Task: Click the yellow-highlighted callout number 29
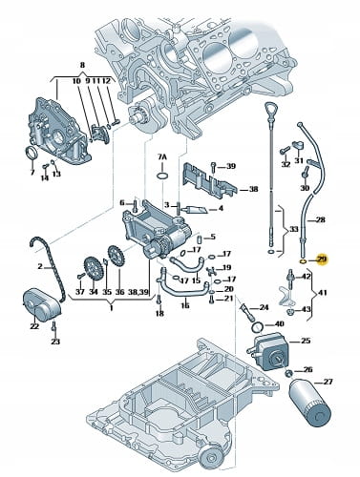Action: point(322,259)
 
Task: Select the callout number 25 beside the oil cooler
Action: point(306,341)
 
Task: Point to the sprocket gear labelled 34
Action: point(92,269)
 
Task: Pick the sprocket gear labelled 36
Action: point(116,258)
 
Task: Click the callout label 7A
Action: point(162,157)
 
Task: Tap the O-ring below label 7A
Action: point(162,176)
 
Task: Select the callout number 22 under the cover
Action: point(34,326)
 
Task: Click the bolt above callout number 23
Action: point(54,326)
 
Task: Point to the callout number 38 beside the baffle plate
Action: point(253,189)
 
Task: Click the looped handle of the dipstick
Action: point(270,111)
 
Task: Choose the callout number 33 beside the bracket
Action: point(293,229)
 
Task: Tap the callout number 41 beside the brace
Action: point(322,292)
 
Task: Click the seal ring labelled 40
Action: point(258,326)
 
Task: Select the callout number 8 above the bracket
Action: point(82,66)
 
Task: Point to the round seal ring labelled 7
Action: point(32,153)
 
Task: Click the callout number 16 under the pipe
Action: point(185,305)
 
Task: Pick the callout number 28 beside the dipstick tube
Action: point(321,219)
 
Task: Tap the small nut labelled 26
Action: point(289,373)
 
